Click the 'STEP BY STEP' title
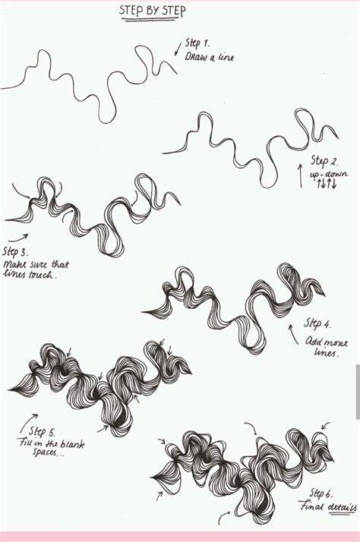(x=152, y=11)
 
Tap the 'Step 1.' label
(x=197, y=43)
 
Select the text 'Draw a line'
(x=209, y=57)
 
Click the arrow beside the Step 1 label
(x=178, y=49)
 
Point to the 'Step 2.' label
(x=324, y=161)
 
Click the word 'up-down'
(x=329, y=174)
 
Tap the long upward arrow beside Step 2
(x=301, y=176)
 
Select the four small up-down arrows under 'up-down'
(x=327, y=184)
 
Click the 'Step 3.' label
(x=15, y=251)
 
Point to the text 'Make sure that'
(x=36, y=265)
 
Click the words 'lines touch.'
(x=29, y=275)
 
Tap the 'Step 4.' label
(x=317, y=324)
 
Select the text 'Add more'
(x=327, y=342)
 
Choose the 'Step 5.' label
(x=42, y=432)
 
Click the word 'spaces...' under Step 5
(x=49, y=452)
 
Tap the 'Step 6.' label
(x=322, y=493)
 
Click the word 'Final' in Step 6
(x=312, y=507)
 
